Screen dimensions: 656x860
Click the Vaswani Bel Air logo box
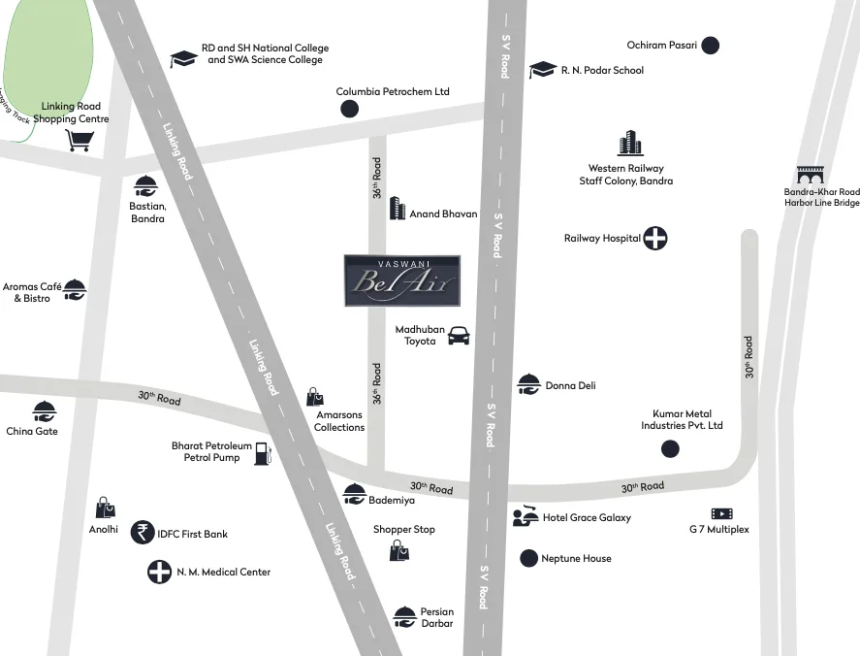(401, 280)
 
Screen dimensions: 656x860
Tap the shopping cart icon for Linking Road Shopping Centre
(79, 141)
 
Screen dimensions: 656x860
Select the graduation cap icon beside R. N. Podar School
(542, 70)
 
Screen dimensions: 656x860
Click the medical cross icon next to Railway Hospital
(655, 238)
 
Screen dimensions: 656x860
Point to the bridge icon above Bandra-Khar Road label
(810, 176)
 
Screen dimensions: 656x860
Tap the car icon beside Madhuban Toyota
(459, 336)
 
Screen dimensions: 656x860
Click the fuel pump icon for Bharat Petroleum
(263, 452)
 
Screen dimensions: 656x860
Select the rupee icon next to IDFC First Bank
(143, 532)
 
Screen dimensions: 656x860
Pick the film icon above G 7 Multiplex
(721, 513)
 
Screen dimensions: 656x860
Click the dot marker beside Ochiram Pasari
(711, 45)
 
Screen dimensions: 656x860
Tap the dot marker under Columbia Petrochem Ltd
(349, 109)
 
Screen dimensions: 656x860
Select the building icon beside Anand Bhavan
(397, 209)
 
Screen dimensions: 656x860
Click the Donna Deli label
(570, 385)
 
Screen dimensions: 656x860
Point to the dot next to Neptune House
(528, 558)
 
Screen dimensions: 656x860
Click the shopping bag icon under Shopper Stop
(398, 551)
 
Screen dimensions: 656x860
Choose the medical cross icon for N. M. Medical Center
(159, 572)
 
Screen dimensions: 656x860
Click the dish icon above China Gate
(44, 410)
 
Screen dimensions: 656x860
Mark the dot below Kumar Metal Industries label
(670, 448)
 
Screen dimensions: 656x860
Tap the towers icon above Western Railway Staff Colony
(630, 144)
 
